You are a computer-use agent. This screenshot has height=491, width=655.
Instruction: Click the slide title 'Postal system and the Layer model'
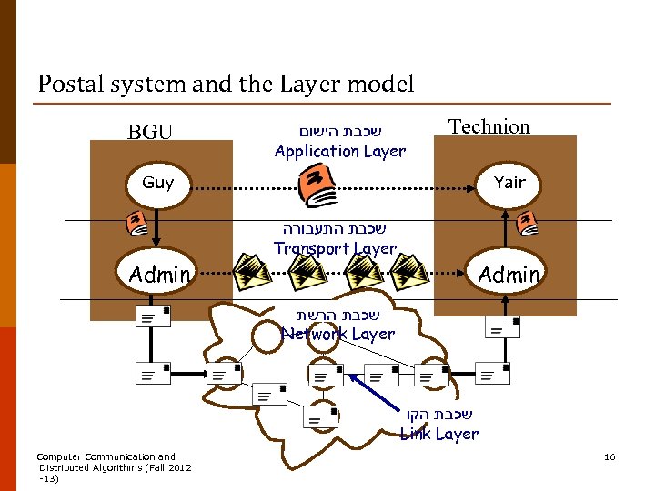coord(226,85)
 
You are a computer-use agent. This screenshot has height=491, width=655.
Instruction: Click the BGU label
coord(150,133)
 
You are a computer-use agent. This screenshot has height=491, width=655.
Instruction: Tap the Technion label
coord(489,126)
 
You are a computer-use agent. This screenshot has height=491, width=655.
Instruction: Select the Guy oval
coord(158,182)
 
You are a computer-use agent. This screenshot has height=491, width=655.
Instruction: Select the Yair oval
coord(509,182)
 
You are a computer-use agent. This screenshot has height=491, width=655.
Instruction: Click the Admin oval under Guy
coord(159,274)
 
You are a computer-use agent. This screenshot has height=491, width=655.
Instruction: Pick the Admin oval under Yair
coord(509,274)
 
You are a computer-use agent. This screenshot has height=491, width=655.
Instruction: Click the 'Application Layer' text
coord(339,151)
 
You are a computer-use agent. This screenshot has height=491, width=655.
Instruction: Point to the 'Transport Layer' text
coord(335,248)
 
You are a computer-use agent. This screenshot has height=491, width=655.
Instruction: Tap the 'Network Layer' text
coord(338,334)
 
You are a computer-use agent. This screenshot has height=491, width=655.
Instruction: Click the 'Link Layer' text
coord(439,434)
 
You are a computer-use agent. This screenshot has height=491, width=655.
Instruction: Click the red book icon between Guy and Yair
coord(317,185)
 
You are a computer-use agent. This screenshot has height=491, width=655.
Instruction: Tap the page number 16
coord(610,456)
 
